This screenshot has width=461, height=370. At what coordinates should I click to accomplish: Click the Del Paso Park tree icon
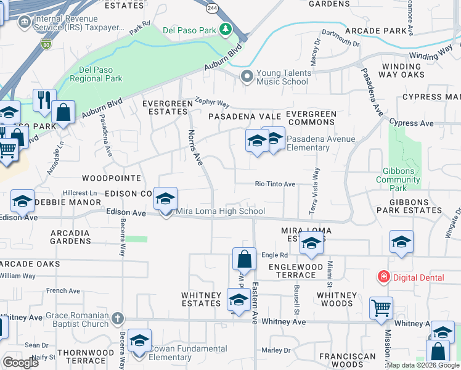point(226,30)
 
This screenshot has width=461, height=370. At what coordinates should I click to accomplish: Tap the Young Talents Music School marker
point(247,76)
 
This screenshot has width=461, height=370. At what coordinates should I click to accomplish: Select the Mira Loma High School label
point(221,212)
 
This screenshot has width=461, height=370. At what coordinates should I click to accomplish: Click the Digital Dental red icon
point(384,277)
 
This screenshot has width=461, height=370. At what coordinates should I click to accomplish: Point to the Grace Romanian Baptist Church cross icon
point(118,319)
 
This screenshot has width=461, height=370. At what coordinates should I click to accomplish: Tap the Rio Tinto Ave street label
point(275,184)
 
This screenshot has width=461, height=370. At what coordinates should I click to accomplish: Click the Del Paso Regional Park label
point(96,74)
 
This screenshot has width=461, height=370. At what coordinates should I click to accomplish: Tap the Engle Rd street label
point(274,255)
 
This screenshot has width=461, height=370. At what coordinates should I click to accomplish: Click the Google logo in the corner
point(20,363)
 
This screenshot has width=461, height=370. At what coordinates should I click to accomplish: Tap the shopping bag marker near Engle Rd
point(244,258)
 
